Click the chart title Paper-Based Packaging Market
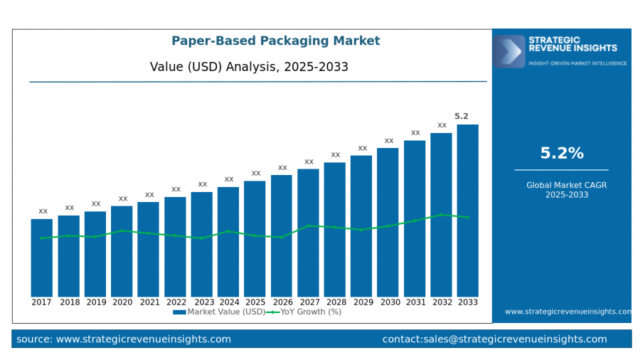(276, 41)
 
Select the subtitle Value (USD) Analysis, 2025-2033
(249, 67)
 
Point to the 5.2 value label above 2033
(462, 116)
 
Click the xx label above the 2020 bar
(123, 198)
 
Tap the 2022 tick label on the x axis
(175, 302)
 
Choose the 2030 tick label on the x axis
(388, 302)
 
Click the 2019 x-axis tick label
(95, 302)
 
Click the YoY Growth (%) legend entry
(306, 312)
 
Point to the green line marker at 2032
(441, 214)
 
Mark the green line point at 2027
(308, 226)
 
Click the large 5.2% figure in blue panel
(562, 153)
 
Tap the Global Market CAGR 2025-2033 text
(562, 189)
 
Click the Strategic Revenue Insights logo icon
(509, 51)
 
